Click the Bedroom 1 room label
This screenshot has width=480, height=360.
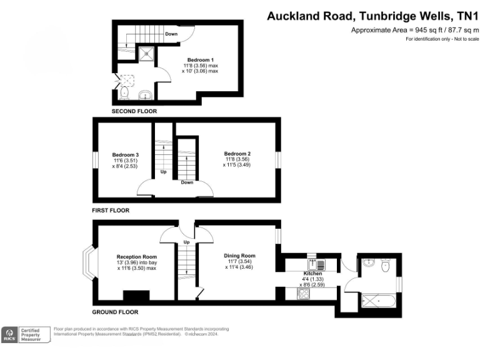coord(196,59)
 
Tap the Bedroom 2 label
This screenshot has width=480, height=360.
coord(237,154)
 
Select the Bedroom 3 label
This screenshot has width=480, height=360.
coord(125,154)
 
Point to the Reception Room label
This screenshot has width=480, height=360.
coord(136,257)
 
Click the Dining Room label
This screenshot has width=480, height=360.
coord(240,256)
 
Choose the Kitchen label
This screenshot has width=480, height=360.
coord(312,274)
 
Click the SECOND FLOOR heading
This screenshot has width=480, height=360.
coord(134,111)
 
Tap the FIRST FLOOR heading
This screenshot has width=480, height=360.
coord(111,211)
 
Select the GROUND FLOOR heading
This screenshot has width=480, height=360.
coord(115,312)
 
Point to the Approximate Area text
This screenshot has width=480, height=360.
coord(414,30)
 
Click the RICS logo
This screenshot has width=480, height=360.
coord(9,334)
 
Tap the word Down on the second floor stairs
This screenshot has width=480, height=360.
coord(171,34)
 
